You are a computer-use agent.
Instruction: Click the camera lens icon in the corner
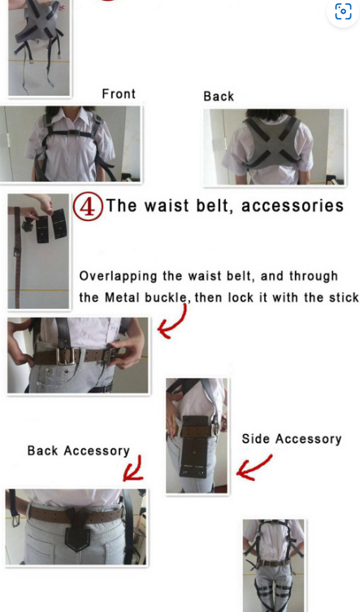pos(343,11)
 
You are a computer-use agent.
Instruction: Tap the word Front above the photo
pos(119,93)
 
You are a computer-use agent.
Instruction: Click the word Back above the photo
pos(219,96)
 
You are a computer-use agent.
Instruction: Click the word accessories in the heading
pos(293,206)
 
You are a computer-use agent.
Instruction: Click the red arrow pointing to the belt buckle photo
pos(172,321)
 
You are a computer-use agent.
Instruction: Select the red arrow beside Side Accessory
pos(254,467)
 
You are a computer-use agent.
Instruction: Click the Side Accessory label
pos(292,439)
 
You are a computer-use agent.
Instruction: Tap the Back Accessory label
pos(79,451)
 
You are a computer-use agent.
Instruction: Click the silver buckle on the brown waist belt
pos(66,356)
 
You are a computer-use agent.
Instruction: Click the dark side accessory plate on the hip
pos(194,447)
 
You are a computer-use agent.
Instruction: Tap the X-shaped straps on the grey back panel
pos(273,142)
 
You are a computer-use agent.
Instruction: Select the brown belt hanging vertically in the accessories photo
pos(17,257)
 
